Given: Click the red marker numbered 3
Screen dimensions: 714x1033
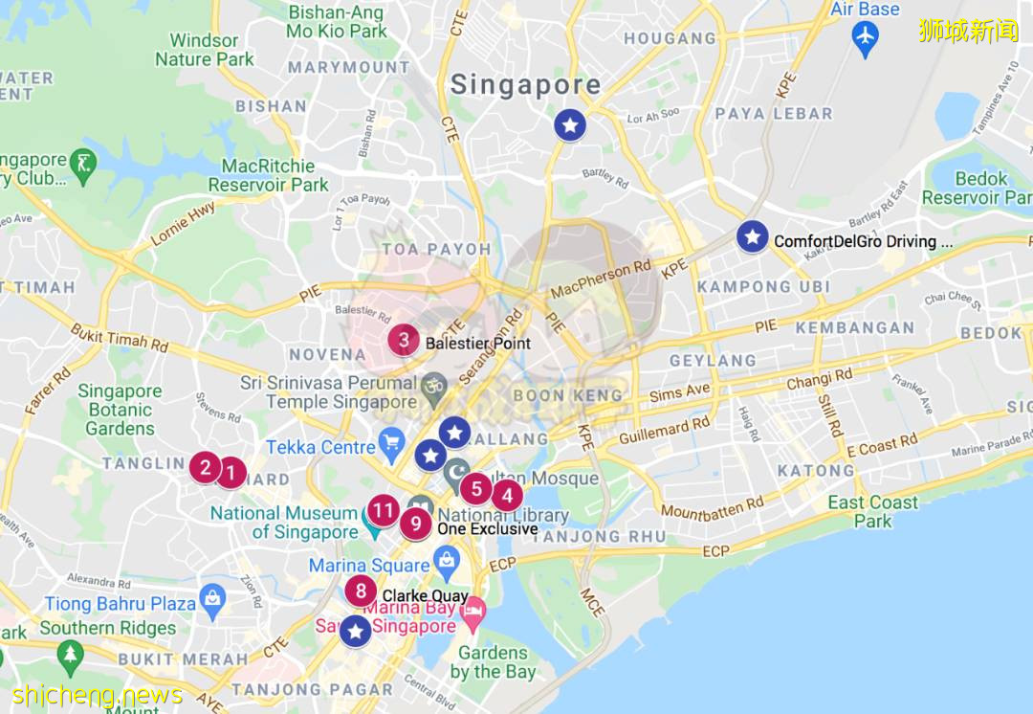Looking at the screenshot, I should pyautogui.click(x=404, y=340).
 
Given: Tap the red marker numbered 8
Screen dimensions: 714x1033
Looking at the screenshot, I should pyautogui.click(x=361, y=591).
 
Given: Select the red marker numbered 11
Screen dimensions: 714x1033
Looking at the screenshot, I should pyautogui.click(x=384, y=510).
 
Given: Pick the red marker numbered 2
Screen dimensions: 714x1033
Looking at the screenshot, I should pyautogui.click(x=204, y=467).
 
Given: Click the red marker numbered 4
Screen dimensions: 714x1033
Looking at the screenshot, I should pyautogui.click(x=507, y=496).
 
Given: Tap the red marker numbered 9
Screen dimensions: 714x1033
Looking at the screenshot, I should pyautogui.click(x=416, y=524).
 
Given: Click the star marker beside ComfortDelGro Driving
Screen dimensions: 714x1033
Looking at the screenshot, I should pyautogui.click(x=753, y=236).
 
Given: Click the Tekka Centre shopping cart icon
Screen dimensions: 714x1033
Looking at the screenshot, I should pyautogui.click(x=391, y=442).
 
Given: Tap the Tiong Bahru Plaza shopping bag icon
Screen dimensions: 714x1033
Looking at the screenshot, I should pyautogui.click(x=211, y=600).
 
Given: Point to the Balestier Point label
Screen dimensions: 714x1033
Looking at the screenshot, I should pyautogui.click(x=477, y=343).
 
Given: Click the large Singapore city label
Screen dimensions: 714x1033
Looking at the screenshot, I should pyautogui.click(x=525, y=84).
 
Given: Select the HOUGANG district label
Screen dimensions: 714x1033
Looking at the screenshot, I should pyautogui.click(x=670, y=39).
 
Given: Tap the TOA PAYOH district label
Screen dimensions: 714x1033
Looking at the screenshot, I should pyautogui.click(x=436, y=249).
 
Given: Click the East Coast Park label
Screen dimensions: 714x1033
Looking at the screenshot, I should pyautogui.click(x=872, y=512).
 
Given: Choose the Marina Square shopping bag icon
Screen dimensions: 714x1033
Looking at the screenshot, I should pyautogui.click(x=446, y=565).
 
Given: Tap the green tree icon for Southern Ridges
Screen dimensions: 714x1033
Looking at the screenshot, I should pyautogui.click(x=70, y=656).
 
